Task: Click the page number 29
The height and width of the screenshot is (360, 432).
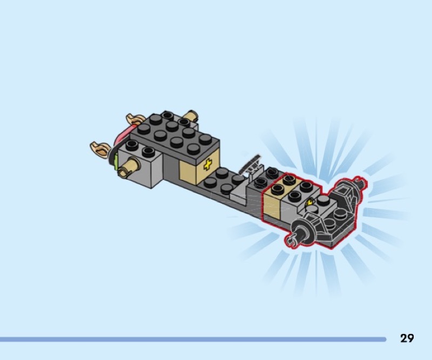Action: point(407,338)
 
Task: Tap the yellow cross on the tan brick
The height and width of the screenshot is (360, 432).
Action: point(207,165)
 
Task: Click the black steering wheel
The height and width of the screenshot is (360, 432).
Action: point(250,165)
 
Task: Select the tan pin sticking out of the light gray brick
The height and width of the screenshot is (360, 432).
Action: point(129,168)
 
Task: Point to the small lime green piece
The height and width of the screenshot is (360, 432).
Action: point(116,159)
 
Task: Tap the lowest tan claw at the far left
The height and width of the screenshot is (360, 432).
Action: point(100,150)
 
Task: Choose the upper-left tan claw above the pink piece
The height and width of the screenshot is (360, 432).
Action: point(136,119)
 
